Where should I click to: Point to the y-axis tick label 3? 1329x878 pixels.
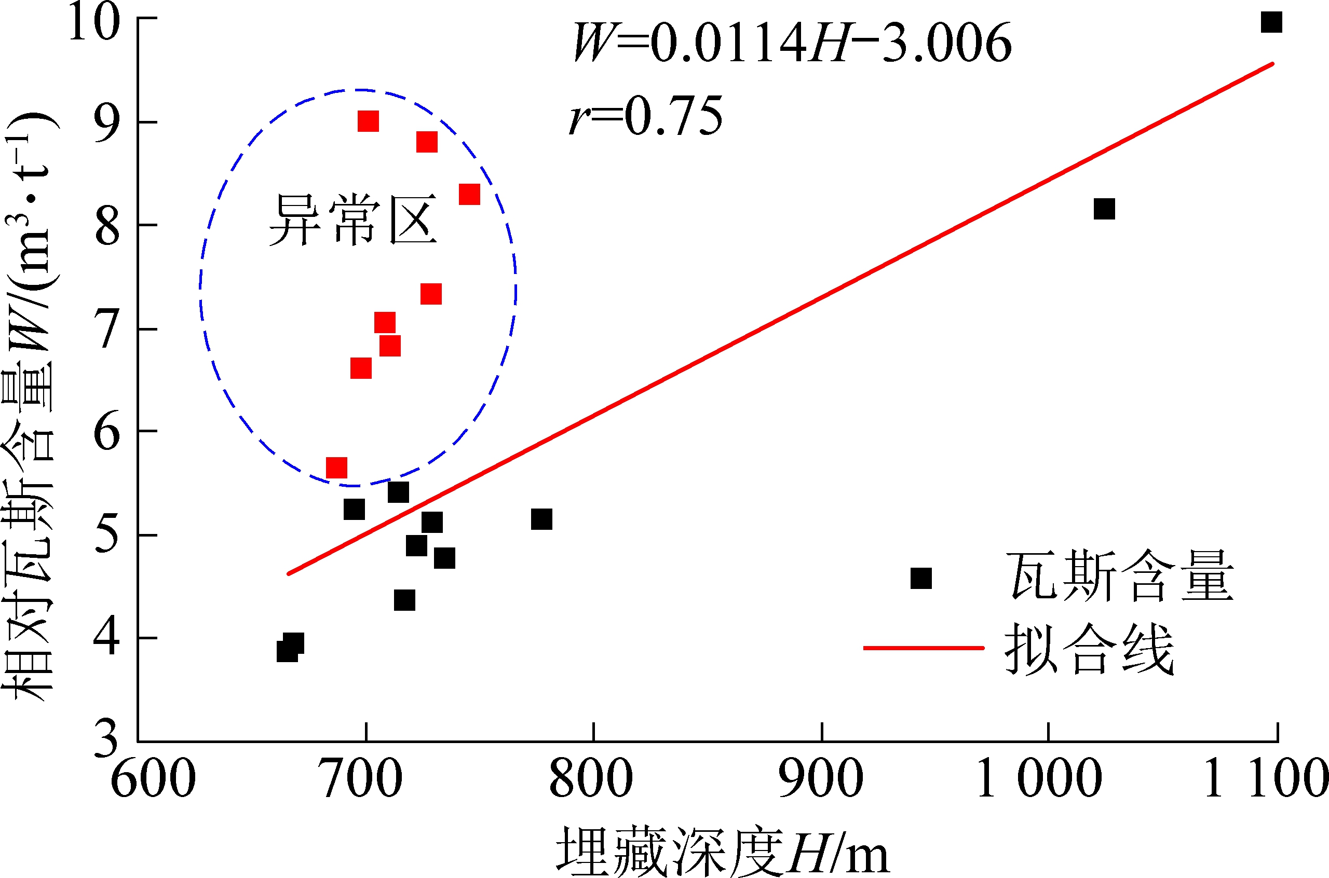(x=106, y=739)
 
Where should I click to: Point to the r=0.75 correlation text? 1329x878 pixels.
(x=646, y=116)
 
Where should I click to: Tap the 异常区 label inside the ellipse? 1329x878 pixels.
(x=353, y=221)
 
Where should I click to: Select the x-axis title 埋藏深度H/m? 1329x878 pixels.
(x=723, y=851)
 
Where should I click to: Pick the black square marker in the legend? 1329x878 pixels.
(x=921, y=578)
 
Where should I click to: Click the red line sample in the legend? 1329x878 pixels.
(x=924, y=648)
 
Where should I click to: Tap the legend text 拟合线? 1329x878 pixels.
(x=1089, y=650)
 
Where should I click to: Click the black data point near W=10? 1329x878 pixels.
(x=1271, y=22)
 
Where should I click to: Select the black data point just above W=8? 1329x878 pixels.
(x=1104, y=209)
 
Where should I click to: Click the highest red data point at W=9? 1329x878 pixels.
(x=368, y=121)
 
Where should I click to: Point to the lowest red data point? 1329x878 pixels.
(x=336, y=468)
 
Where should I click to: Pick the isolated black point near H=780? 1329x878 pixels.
(x=541, y=519)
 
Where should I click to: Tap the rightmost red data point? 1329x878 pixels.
(x=469, y=195)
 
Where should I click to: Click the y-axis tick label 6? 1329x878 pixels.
(x=106, y=432)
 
